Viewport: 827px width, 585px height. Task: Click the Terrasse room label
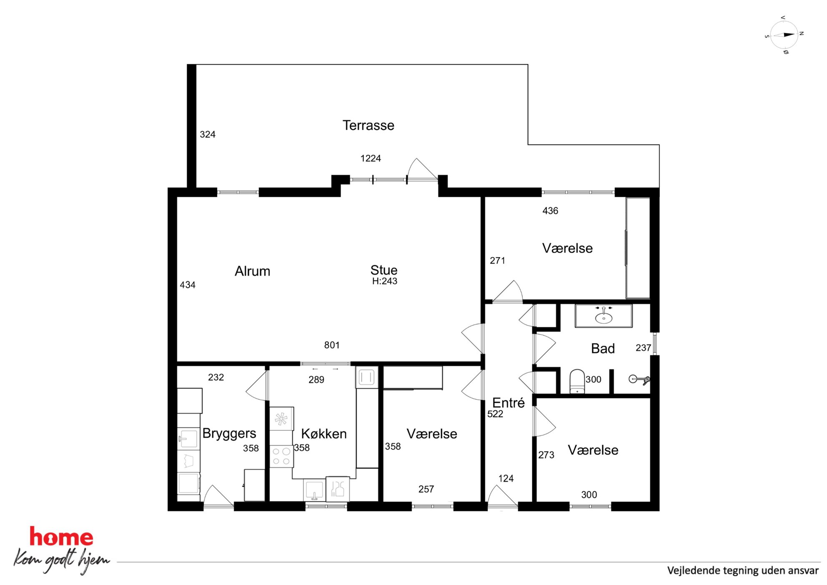tap(368, 125)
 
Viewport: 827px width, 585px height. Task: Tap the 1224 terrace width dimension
tap(371, 158)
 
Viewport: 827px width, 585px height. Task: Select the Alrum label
tap(252, 271)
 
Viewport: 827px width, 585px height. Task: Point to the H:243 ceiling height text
tap(384, 281)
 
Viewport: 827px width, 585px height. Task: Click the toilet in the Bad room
tap(577, 381)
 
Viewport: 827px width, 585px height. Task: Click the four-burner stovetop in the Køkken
tap(281, 456)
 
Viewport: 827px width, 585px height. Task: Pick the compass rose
tap(784, 35)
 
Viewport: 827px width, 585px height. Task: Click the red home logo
tap(61, 537)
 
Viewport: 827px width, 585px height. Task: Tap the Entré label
tap(508, 402)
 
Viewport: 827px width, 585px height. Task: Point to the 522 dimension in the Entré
tap(495, 414)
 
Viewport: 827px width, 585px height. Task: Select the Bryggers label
tap(229, 434)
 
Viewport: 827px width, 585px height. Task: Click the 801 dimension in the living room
tap(332, 345)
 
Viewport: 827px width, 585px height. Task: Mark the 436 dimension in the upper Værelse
tap(550, 211)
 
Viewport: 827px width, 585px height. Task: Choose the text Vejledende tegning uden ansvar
tap(743, 570)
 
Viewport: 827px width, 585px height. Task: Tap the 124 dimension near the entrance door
tap(506, 479)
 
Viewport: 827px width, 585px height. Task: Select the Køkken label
tap(324, 434)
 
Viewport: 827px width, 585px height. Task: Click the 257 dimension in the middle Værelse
tap(426, 489)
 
